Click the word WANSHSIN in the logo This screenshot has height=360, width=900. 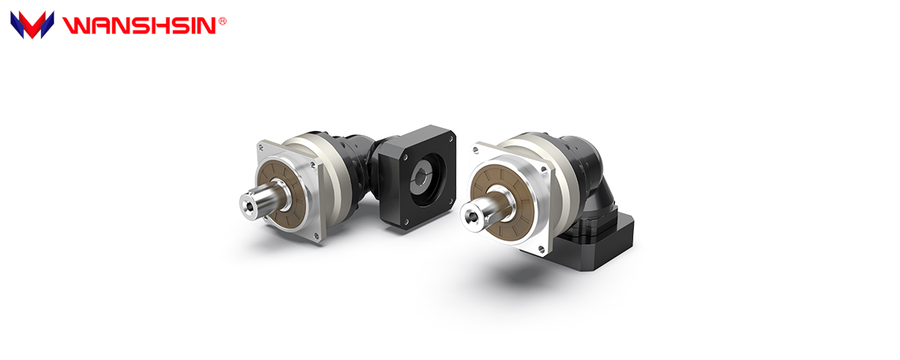(x=139, y=25)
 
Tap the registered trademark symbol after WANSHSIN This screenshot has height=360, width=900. (x=223, y=21)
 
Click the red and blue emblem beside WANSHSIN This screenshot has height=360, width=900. (x=32, y=24)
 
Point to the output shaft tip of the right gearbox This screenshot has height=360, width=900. (x=472, y=216)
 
